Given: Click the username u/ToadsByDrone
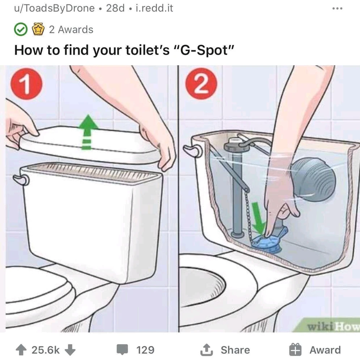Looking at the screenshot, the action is point(54,9).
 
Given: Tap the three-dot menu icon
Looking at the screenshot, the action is point(337,9).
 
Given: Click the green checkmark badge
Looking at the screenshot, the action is point(21,29).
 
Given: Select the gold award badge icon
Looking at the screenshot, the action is point(38,29).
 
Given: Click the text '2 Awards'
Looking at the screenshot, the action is point(71,30).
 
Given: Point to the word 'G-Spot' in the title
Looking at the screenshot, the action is point(204,50).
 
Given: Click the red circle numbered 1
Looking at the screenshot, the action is point(26,84).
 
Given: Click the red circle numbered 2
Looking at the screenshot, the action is point(201,84).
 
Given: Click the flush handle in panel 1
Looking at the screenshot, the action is point(21,180).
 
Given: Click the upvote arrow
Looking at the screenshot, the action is point(21,350).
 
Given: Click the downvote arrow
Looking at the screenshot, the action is point(70,350).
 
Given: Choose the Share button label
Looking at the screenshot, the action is point(235,350).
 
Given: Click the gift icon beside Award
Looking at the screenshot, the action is point(295,350).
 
